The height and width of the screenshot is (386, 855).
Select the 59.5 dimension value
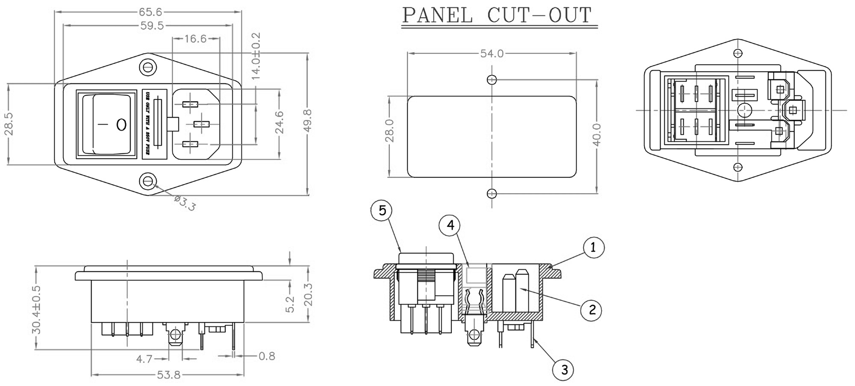point(152,26)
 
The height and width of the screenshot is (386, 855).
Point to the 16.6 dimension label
point(195,39)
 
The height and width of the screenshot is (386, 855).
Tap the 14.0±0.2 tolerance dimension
point(256,56)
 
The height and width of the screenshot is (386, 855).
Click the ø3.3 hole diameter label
point(185,203)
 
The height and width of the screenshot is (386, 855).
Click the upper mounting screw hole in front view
point(148,67)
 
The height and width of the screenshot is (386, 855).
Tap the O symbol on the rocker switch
point(121,124)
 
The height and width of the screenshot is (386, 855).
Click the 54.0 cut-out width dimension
point(492,53)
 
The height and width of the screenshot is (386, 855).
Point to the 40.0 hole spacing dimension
point(597,135)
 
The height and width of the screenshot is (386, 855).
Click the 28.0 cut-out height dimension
point(389,131)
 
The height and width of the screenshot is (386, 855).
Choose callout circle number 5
point(382,210)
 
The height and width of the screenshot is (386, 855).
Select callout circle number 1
point(593,248)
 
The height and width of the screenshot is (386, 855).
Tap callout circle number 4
point(450,225)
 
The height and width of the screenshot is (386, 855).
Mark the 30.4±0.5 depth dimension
point(36,309)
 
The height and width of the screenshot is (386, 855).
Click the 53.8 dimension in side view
point(169,375)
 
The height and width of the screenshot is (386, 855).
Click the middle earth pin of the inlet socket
point(200,124)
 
